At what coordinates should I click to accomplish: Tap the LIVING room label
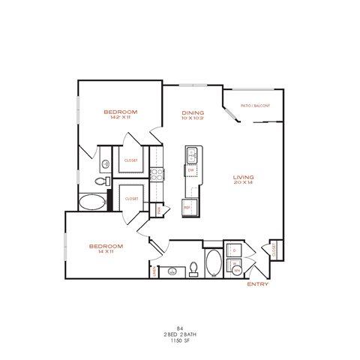point(244,178)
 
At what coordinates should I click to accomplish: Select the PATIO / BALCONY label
point(256,106)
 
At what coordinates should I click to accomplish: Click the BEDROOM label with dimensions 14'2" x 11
point(121,113)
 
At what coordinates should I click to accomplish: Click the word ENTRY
point(257,284)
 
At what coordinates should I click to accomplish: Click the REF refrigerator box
point(188,206)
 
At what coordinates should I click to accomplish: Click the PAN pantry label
point(158,211)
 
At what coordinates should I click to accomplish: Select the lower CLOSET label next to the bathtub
point(132,199)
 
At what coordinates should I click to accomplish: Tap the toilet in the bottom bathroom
point(193,268)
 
